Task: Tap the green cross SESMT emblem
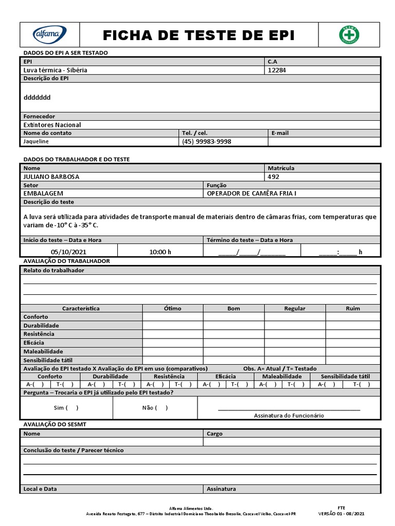(349, 35)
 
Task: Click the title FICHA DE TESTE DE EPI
(199, 35)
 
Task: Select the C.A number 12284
(277, 70)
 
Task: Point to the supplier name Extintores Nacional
(52, 125)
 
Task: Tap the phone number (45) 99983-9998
(206, 141)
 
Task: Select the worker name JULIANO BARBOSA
(51, 177)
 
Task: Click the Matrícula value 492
(273, 177)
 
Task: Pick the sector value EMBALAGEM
(43, 194)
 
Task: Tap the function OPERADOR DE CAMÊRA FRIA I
(252, 194)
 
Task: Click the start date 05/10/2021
(68, 252)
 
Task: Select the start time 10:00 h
(160, 252)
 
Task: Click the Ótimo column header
(172, 308)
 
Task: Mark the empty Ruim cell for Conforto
(353, 317)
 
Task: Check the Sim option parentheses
(72, 408)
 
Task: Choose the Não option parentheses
(161, 408)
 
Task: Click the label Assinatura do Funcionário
(289, 416)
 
